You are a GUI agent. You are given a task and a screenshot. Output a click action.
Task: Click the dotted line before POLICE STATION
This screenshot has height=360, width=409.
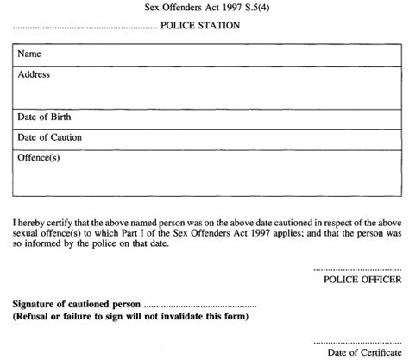pos(83,28)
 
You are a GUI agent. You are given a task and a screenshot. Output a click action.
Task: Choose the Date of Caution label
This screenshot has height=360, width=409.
pos(50,136)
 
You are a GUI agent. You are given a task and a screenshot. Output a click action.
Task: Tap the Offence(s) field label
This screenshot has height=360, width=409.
pos(40,157)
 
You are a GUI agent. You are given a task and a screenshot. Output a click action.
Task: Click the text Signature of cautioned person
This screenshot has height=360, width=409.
pos(76,306)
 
